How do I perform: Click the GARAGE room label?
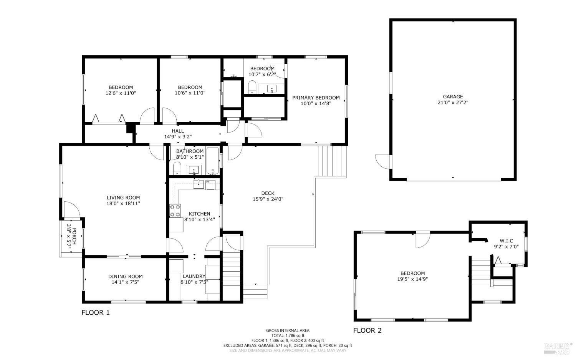coord(453,96)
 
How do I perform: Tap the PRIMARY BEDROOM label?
coord(316,98)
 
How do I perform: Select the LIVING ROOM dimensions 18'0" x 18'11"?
coord(123,204)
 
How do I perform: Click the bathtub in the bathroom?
coord(213,161)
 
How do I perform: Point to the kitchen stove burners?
coord(175,211)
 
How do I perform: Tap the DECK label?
coord(268,193)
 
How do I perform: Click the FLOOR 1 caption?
coord(95,313)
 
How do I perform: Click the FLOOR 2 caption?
coord(367,330)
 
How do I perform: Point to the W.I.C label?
coord(506,241)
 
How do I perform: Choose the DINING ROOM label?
coord(125,276)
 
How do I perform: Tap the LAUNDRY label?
coord(194,276)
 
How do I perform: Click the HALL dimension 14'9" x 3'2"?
coord(178,137)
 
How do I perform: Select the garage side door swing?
coord(382,162)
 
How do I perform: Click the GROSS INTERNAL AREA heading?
coord(288,330)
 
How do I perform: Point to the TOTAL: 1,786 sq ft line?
coord(288,335)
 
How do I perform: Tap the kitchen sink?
coord(199,184)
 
